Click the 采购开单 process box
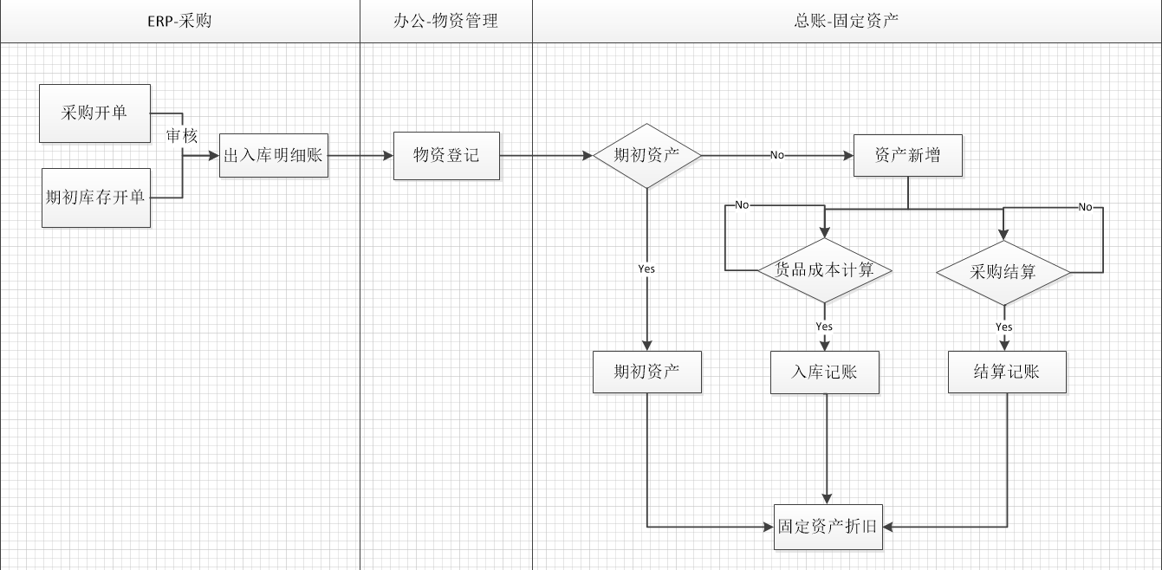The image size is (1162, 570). (x=94, y=113)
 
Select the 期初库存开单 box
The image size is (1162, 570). (x=95, y=198)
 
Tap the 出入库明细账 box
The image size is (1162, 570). (x=273, y=156)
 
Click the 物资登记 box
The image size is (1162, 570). (x=446, y=156)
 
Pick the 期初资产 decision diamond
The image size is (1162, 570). (x=646, y=156)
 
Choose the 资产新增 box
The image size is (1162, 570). (x=907, y=156)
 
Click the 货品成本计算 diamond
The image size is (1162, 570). (x=824, y=271)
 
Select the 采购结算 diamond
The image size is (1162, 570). (x=1003, y=272)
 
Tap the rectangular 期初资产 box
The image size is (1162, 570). (x=646, y=372)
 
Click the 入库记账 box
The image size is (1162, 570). (x=824, y=372)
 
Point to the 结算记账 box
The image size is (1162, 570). (x=1006, y=372)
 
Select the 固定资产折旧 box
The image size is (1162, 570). (x=828, y=526)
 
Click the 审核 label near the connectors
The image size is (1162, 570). (x=182, y=136)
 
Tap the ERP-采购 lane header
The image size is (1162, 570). (x=179, y=21)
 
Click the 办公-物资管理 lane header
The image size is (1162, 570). (x=445, y=21)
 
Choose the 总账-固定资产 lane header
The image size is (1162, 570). (x=846, y=21)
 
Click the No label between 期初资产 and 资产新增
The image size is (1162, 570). (x=776, y=156)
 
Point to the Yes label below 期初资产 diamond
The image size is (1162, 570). (x=646, y=269)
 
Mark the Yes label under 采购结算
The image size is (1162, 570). (x=1003, y=327)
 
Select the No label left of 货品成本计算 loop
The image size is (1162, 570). (x=742, y=205)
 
